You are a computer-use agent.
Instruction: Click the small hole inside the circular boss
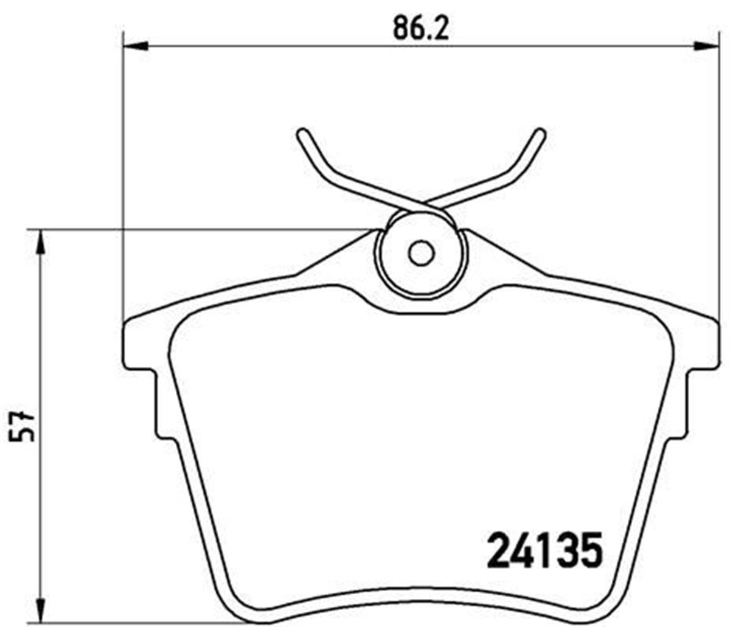420,253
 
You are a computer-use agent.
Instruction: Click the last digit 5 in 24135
589,549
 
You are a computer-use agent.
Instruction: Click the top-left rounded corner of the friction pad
180,331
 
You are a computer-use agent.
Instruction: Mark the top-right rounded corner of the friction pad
661,331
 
